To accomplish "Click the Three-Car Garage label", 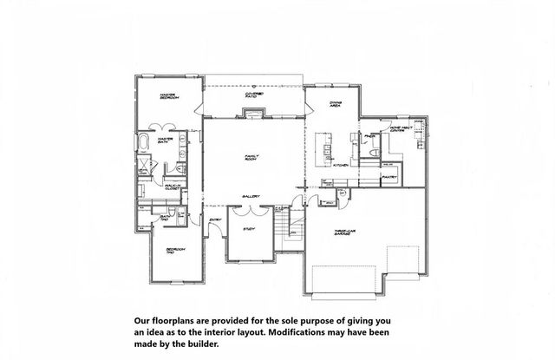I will pyautogui.click(x=346, y=232).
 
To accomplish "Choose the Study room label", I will pyautogui.click(x=249, y=229).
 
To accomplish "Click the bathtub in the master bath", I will pyautogui.click(x=143, y=143).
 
